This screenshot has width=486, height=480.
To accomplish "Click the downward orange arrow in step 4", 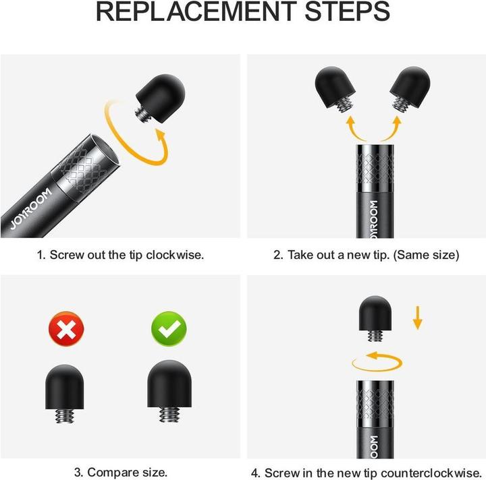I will (x=418, y=317).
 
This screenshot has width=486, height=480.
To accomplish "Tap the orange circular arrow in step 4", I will (x=378, y=361).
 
